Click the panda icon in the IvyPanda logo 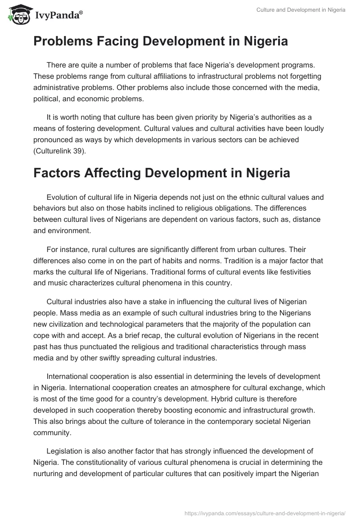click(x=18, y=15)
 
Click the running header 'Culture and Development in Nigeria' click(x=301, y=10)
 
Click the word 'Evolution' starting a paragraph click(x=63, y=197)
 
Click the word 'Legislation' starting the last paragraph click(x=66, y=451)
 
